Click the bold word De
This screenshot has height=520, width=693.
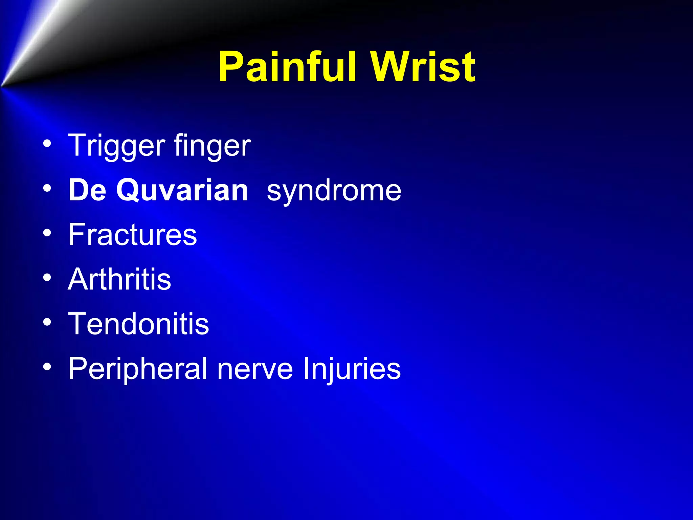coord(87,190)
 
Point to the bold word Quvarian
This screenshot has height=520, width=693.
coord(182,191)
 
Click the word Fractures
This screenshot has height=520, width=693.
coord(132,235)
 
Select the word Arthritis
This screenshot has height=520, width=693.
coord(119,279)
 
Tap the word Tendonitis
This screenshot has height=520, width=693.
coord(139,324)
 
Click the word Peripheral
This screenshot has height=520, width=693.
coord(138,369)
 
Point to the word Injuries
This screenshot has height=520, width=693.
coord(352,369)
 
